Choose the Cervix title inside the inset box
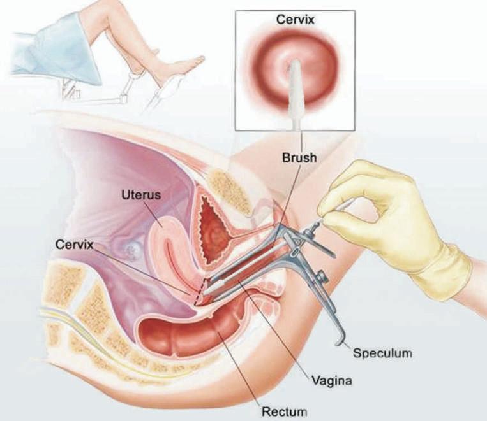click(x=295, y=19)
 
